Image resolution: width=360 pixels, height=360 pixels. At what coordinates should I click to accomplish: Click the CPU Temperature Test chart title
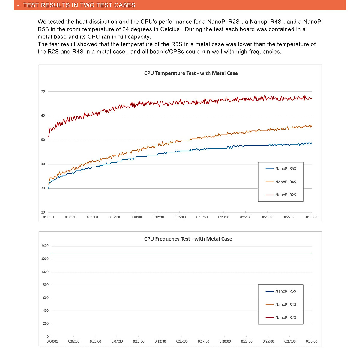pos(191,73)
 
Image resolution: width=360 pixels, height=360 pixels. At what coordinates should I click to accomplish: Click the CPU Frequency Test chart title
pos(188,239)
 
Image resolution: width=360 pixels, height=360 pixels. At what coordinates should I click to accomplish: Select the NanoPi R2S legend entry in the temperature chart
pos(285,195)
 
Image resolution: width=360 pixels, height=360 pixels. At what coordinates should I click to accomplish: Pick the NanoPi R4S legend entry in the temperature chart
pos(285,182)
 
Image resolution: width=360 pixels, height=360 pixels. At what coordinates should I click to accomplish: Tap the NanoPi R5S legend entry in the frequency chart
pos(285,291)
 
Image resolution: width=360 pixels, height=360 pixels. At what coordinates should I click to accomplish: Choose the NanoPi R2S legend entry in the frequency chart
pos(285,318)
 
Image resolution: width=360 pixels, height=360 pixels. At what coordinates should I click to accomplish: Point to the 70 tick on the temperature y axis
pos(43,91)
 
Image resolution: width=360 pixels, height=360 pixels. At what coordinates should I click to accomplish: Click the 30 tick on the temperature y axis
pos(43,188)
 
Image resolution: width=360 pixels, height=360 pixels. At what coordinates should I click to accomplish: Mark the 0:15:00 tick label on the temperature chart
pos(180,217)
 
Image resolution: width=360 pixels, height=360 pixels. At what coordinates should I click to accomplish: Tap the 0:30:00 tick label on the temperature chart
pos(311,217)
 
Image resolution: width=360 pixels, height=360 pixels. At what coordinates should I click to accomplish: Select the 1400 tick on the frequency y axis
pos(45,246)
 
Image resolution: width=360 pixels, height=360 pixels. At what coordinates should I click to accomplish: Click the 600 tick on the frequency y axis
pos(46,298)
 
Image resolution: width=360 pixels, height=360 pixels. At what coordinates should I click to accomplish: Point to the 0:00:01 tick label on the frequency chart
pos(52,341)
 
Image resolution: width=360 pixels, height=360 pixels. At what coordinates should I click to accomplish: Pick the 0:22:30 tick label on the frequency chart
pos(247,341)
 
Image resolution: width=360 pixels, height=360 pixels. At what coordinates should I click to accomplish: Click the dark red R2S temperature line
pos(180,102)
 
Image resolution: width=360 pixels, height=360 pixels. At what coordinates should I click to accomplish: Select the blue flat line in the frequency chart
pos(180,253)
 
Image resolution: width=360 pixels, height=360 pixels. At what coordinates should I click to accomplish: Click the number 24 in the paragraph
pos(126,29)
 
